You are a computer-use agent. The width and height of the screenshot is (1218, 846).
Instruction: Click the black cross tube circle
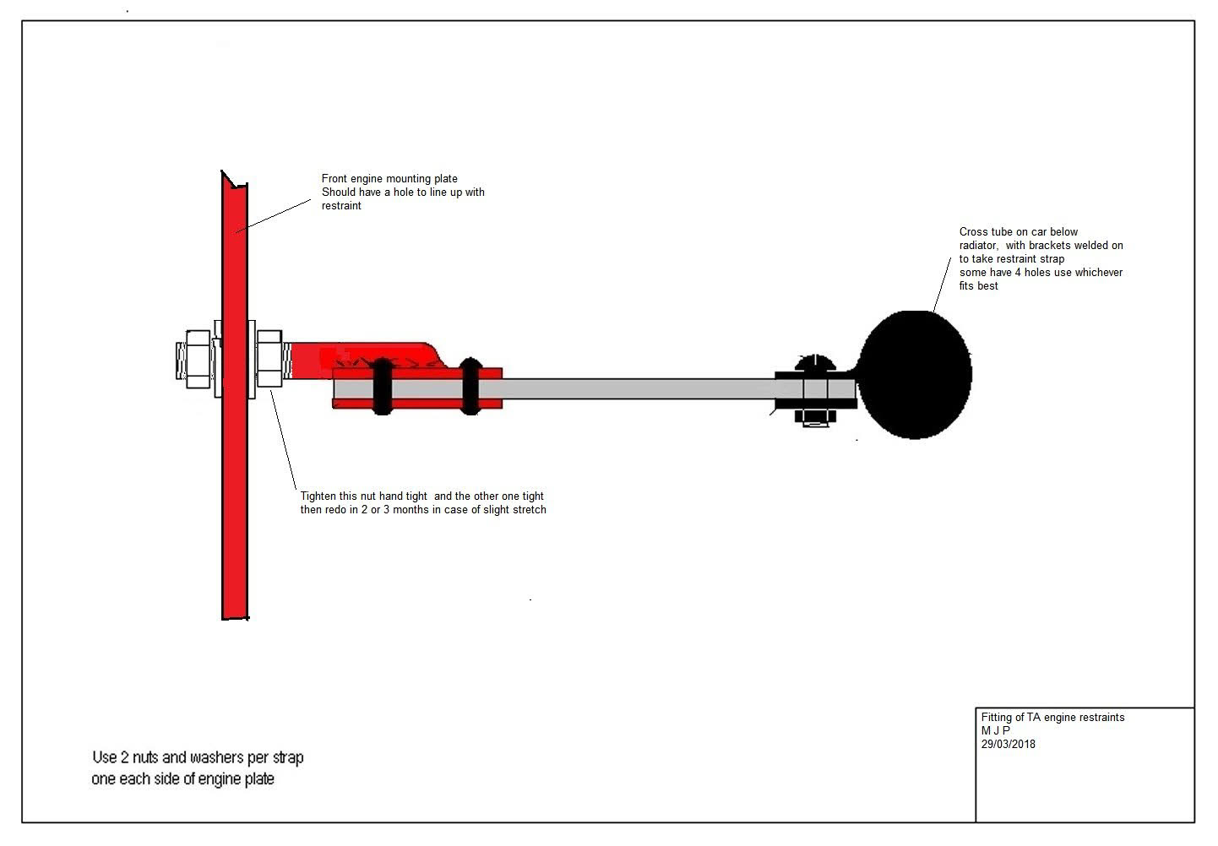[x=916, y=374]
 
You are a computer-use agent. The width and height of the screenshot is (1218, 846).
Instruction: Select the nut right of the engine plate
[x=269, y=359]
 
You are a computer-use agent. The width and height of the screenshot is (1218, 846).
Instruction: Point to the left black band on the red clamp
[x=382, y=386]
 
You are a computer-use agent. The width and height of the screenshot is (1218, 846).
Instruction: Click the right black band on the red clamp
[x=470, y=386]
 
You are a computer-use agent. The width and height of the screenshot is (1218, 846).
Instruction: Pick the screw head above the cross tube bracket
[x=815, y=364]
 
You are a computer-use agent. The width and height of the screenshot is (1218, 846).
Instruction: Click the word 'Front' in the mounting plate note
[x=335, y=179]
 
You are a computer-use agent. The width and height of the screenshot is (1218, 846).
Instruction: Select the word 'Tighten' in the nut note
[x=319, y=496]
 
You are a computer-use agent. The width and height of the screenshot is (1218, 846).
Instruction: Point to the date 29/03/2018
[x=1008, y=745]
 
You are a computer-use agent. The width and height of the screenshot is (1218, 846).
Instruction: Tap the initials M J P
[x=995, y=731]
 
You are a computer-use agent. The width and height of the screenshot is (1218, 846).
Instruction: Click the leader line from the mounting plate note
[x=275, y=214]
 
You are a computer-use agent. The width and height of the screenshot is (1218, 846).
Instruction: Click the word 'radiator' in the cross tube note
[x=978, y=246]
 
